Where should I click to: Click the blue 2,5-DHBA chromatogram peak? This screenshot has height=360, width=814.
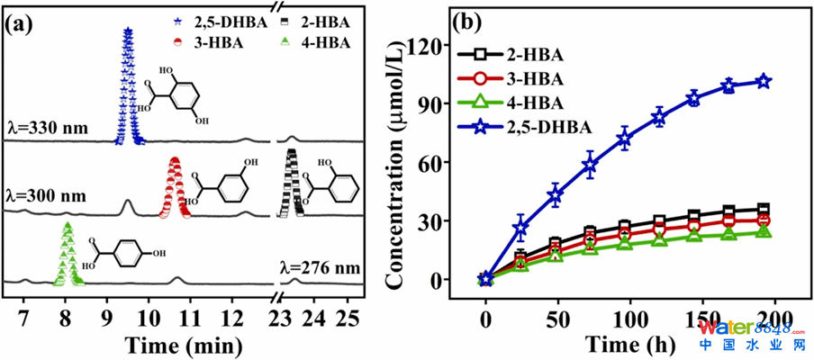click(x=128, y=85)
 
